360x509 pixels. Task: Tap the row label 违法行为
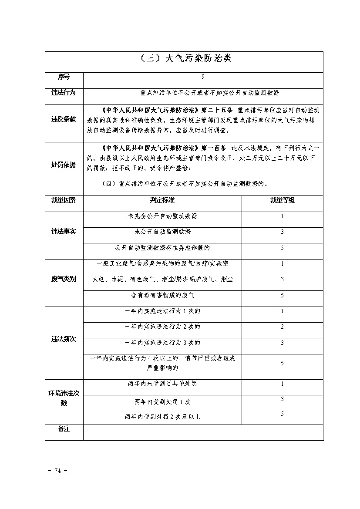click(64, 93)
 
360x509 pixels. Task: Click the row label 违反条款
click(64, 119)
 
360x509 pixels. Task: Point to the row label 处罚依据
click(64, 165)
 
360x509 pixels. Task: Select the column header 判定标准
click(162, 200)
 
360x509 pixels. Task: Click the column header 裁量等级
click(282, 200)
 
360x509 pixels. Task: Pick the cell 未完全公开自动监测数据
click(162, 216)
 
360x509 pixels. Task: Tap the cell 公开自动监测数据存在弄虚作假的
click(162, 248)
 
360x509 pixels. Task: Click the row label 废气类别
click(64, 279)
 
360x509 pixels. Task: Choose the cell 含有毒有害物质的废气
click(162, 295)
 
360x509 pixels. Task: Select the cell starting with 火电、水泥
click(162, 279)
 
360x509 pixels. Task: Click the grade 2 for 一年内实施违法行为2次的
click(282, 327)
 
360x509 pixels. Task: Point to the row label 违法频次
click(64, 339)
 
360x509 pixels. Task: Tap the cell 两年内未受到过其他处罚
click(162, 384)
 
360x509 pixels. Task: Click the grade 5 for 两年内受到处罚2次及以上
click(282, 414)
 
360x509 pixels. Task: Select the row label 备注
click(64, 429)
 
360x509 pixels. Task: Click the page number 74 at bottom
click(57, 471)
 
